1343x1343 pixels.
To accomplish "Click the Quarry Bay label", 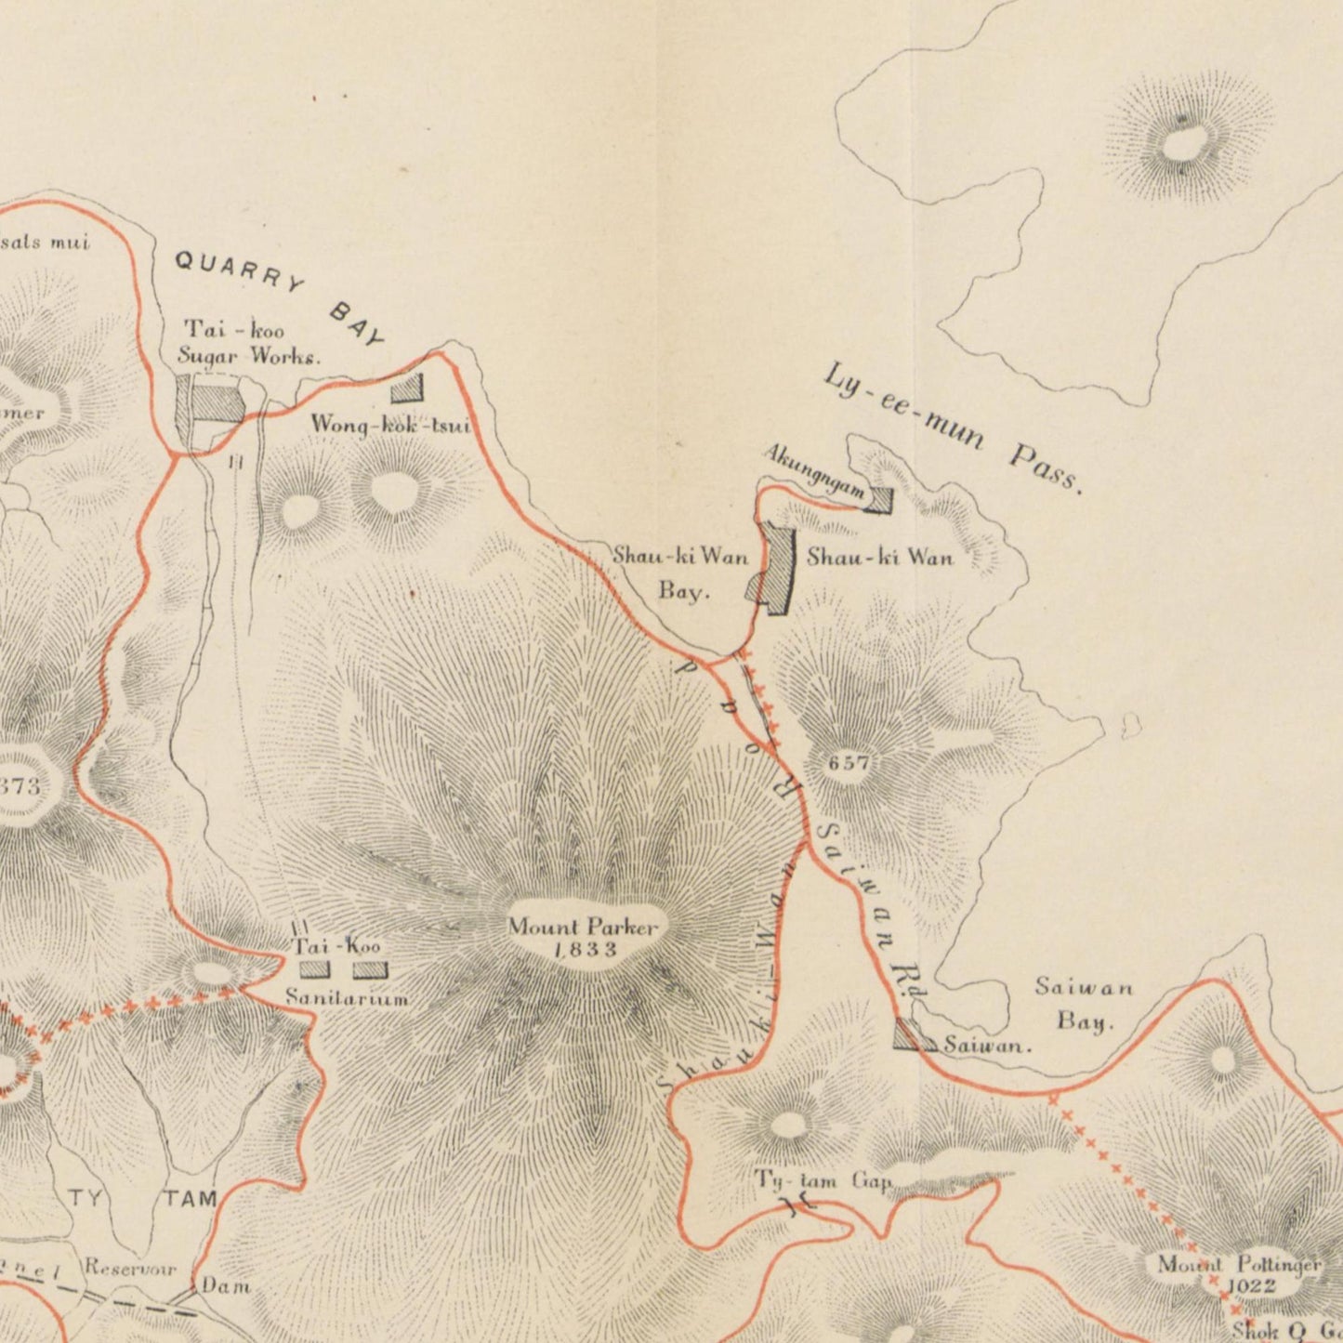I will (280, 298).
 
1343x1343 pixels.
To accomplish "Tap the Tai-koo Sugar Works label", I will (249, 341).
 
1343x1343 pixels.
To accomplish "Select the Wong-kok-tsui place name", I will (390, 426).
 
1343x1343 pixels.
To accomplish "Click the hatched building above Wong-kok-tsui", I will (407, 388).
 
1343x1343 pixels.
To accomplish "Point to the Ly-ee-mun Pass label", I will (953, 428).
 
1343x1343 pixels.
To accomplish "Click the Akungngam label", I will (814, 469).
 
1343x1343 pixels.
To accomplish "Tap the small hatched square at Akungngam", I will (878, 501).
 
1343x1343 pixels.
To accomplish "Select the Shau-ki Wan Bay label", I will (681, 573).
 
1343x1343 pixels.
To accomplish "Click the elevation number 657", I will (849, 763).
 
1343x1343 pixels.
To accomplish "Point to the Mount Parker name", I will (583, 927).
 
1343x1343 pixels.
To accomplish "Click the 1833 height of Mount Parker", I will (585, 949).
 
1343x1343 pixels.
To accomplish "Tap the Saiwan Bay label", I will (1084, 1004).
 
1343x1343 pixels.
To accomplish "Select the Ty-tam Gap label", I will (823, 1180).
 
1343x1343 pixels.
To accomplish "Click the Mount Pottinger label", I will (1238, 1265).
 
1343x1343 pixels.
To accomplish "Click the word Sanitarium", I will (347, 998).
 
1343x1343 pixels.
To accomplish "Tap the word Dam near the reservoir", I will (226, 1286).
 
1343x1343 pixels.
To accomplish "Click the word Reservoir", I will (130, 1268).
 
